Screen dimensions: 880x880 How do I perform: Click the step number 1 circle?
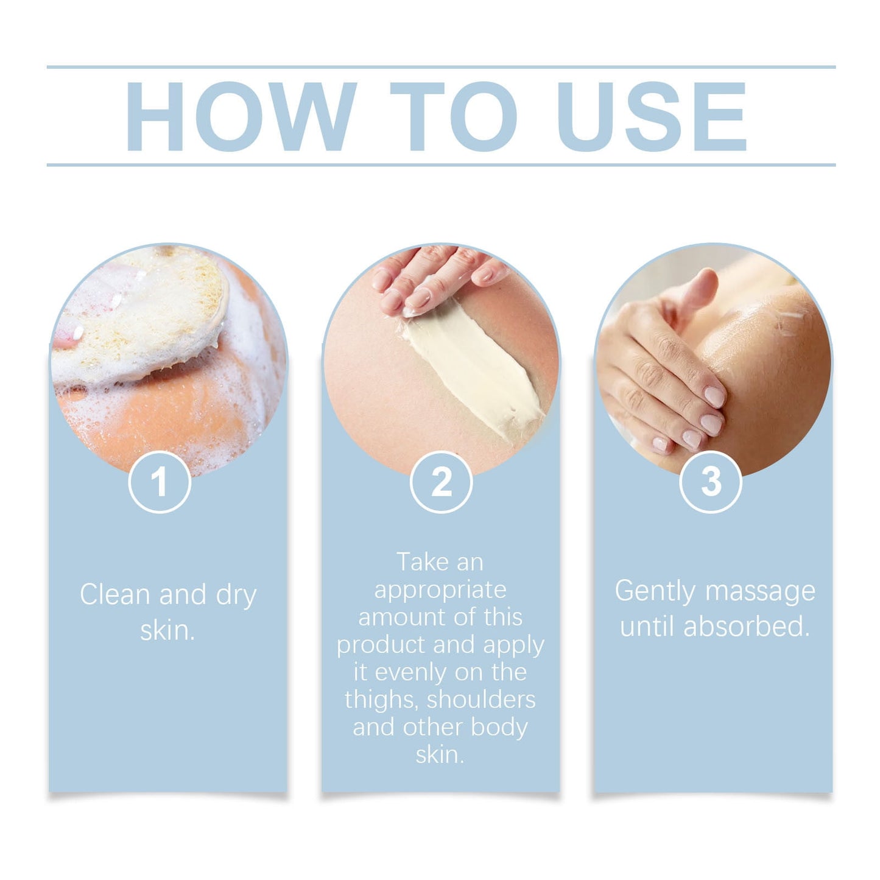click(160, 482)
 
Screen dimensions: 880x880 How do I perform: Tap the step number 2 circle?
click(441, 482)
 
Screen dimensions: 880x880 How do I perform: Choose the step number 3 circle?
click(710, 482)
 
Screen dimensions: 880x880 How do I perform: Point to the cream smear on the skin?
click(475, 365)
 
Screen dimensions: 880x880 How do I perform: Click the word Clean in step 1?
click(115, 594)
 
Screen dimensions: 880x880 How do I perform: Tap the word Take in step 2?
click(420, 562)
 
